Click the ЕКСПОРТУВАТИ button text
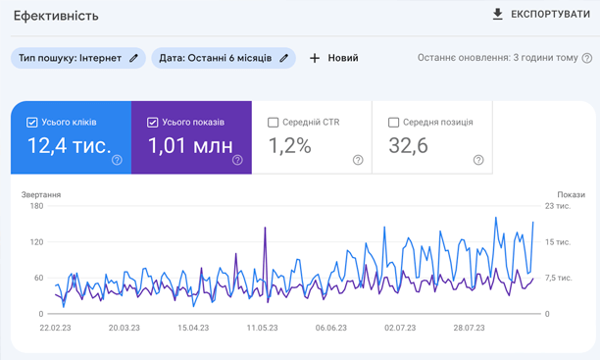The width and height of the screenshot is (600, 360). click(550, 15)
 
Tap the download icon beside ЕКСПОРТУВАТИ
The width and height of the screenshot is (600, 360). click(498, 15)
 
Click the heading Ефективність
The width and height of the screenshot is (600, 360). click(56, 17)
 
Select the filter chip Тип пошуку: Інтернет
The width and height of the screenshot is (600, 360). click(78, 58)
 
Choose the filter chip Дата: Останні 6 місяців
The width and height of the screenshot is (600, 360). click(224, 58)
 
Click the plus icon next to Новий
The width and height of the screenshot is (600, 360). click(315, 58)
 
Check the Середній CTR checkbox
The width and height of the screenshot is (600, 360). click(274, 123)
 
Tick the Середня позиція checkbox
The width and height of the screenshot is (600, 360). click(394, 123)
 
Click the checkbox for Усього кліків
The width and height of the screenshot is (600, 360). click(33, 123)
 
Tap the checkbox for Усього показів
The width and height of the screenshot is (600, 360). click(153, 123)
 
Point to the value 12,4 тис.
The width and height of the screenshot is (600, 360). click(69, 147)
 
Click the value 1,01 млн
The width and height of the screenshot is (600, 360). click(190, 147)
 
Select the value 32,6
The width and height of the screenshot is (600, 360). click(408, 147)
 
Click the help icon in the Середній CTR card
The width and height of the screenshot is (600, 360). click(358, 160)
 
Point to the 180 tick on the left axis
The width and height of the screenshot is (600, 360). click(37, 206)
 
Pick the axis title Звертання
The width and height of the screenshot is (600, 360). click(42, 194)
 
